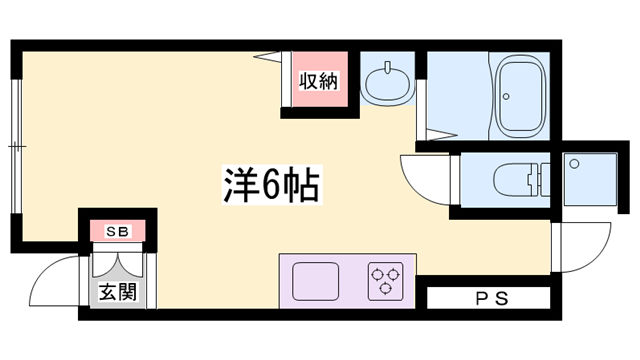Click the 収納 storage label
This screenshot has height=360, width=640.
pyautogui.click(x=319, y=81)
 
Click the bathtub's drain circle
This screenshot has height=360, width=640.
pyautogui.click(x=507, y=98)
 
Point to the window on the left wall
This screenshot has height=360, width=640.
pyautogui.click(x=17, y=146)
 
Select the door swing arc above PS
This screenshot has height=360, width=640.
pyautogui.click(x=585, y=250)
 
